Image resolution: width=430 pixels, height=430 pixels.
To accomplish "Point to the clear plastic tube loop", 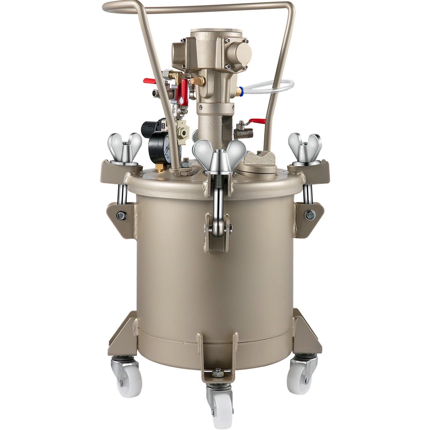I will [x=271, y=86].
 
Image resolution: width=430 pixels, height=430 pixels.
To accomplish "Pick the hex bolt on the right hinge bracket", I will [x=310, y=214].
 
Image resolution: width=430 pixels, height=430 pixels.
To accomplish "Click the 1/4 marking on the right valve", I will [x=243, y=134].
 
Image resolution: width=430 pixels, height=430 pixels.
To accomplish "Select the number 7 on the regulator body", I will [x=182, y=123].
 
